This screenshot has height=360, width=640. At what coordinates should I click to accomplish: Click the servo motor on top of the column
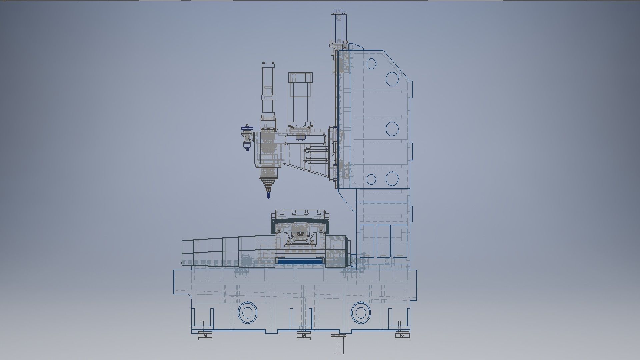coord(339,27)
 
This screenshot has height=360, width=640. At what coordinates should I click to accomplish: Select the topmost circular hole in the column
coord(371,64)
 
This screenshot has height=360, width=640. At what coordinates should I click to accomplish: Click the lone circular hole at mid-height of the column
coord(392,128)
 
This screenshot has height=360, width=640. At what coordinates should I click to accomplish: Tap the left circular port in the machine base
coord(247,313)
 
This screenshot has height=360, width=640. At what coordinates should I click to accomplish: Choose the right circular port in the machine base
coord(360,313)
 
